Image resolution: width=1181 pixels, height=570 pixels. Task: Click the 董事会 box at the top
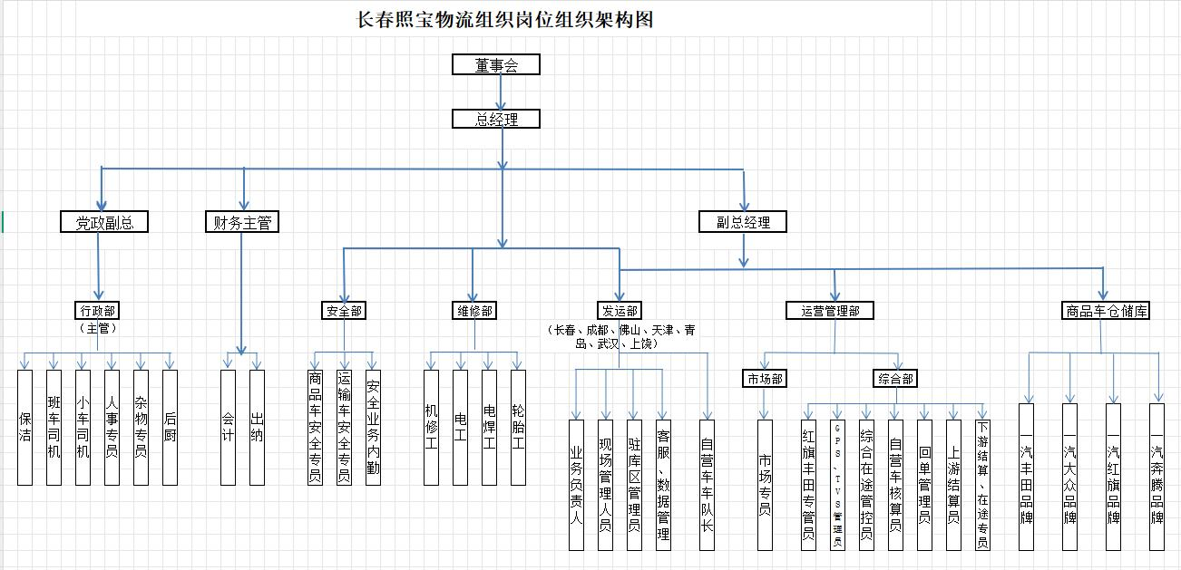(x=496, y=64)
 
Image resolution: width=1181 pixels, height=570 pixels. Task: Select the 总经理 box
(x=496, y=119)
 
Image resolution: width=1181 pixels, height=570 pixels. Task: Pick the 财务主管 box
(x=241, y=221)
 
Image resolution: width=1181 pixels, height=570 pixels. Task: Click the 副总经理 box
(x=743, y=221)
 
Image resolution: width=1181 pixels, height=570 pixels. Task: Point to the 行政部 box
(x=98, y=310)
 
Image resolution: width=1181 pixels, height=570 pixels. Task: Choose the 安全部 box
(x=345, y=311)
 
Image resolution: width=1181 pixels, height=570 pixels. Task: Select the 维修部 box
(x=473, y=311)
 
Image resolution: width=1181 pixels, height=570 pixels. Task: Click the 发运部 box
(x=619, y=311)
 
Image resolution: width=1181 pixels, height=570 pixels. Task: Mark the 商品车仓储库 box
(x=1105, y=311)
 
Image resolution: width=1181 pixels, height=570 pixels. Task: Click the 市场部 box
(x=764, y=379)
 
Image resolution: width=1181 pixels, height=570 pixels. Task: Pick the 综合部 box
(x=895, y=379)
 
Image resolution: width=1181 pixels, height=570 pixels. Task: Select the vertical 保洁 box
(x=25, y=427)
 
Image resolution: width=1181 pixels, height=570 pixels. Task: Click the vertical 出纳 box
(x=258, y=427)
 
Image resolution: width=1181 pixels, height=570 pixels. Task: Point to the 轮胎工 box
(x=518, y=427)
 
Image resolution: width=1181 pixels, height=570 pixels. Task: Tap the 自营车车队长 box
(x=707, y=485)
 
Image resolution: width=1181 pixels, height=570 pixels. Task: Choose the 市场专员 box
(x=765, y=485)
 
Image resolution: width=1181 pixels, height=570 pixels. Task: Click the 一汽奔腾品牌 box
(x=1157, y=476)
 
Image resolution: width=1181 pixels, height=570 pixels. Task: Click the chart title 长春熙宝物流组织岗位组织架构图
(x=505, y=20)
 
